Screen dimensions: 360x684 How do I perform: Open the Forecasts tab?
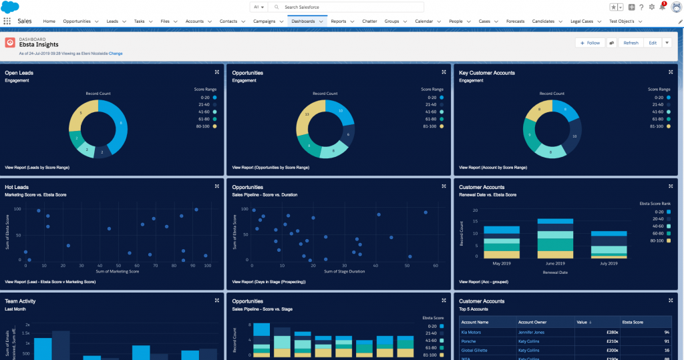tap(515, 21)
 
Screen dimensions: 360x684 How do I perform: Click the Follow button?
tap(589, 43)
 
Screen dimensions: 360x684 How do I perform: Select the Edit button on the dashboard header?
tap(652, 43)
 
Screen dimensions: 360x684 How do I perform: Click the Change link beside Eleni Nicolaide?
tap(116, 53)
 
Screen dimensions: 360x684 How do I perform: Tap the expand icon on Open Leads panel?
tap(216, 72)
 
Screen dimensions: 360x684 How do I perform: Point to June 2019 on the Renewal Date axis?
tap(556, 262)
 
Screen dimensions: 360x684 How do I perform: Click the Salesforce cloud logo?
tap(10, 7)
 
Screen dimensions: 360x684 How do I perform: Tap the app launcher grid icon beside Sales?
tap(7, 21)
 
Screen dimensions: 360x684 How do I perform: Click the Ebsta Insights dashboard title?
tap(38, 45)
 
